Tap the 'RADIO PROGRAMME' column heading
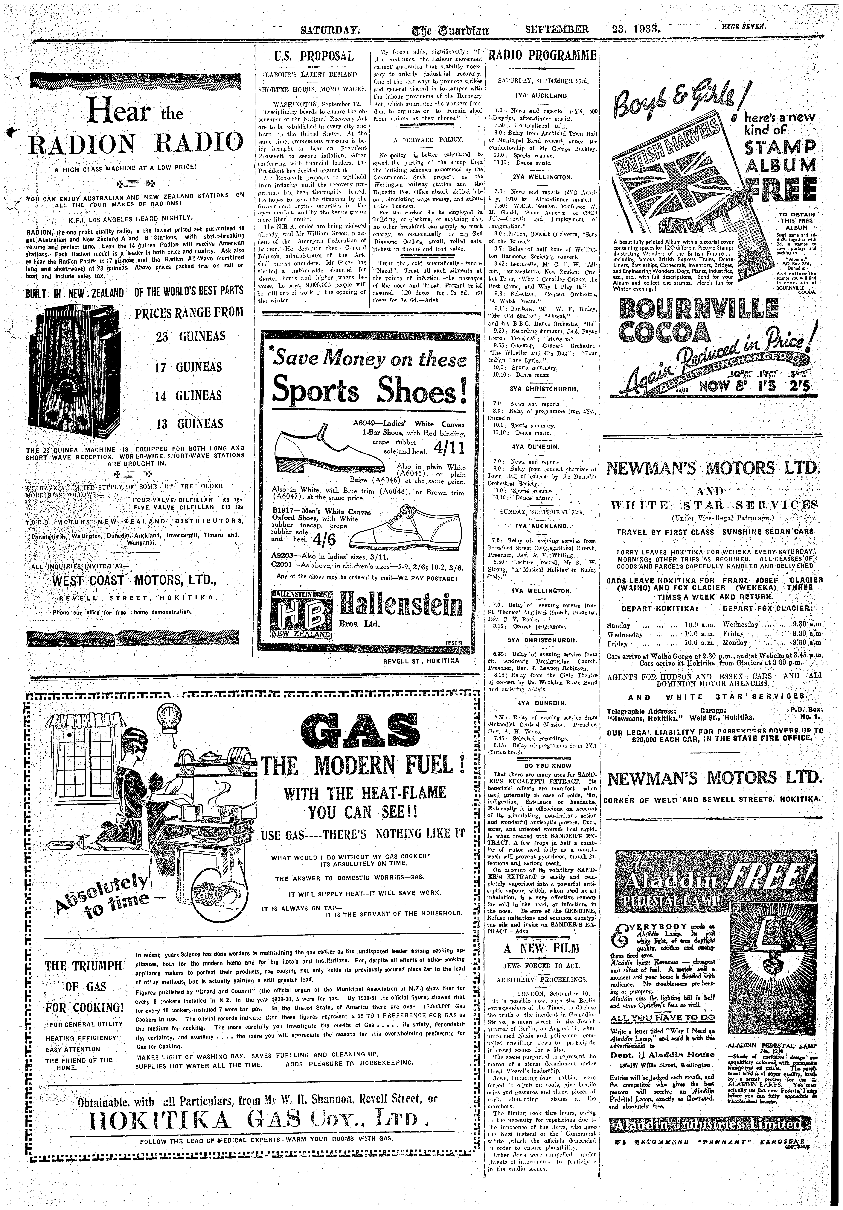point(543,56)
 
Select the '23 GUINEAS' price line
point(190,336)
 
